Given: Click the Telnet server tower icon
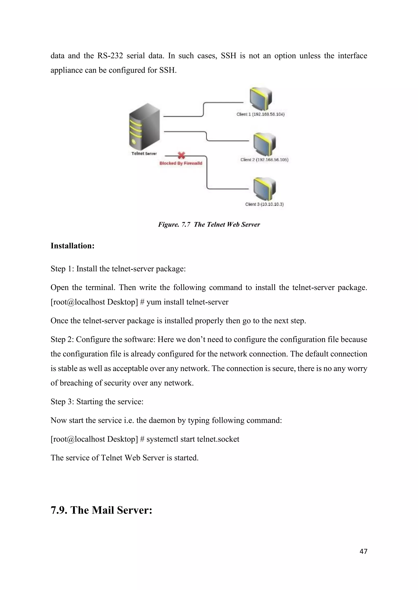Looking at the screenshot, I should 144,127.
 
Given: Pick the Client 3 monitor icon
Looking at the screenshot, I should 264,189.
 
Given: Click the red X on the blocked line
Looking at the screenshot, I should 181,155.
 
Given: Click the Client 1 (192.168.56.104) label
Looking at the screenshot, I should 260,114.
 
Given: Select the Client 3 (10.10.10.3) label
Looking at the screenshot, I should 264,204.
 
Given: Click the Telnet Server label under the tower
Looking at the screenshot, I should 144,153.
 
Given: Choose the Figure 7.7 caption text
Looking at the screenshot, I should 209,225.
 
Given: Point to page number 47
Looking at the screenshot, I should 363,551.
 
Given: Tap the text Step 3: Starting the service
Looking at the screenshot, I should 97,402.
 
